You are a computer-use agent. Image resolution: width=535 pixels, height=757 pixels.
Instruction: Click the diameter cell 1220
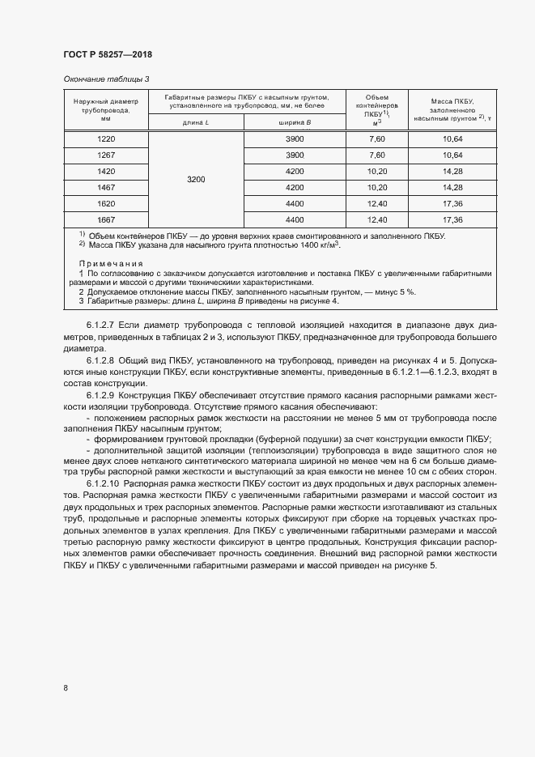pos(105,139)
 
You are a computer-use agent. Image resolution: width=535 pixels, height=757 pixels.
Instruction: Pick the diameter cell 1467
pos(105,187)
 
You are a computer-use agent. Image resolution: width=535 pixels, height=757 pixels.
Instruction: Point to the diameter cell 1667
pos(105,219)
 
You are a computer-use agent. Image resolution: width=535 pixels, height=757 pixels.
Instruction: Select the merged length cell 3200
pos(196,179)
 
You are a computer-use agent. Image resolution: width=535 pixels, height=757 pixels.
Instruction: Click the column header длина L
pos(196,122)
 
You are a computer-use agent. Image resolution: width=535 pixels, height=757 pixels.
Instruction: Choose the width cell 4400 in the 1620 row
pos(295,203)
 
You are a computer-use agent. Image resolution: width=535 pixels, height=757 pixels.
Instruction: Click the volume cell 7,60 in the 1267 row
pos(376,155)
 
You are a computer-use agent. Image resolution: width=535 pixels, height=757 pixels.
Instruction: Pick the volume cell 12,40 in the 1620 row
pos(376,203)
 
